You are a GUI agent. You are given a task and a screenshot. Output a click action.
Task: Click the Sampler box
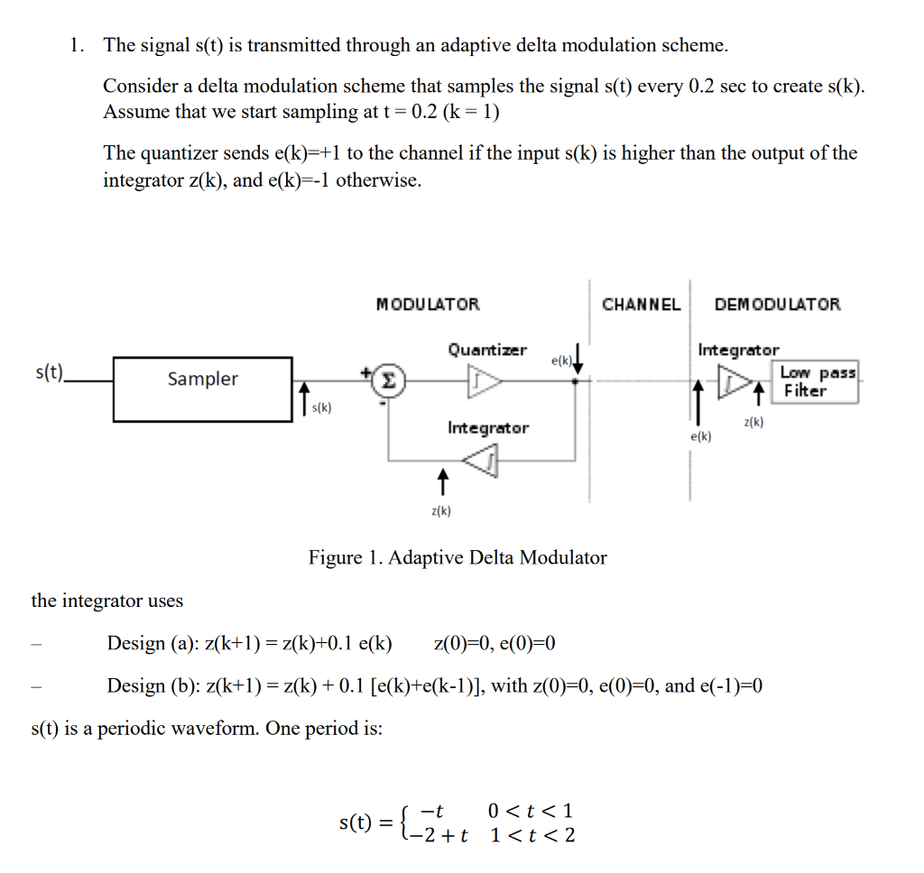pyautogui.click(x=202, y=389)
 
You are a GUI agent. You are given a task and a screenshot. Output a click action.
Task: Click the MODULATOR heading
pyautogui.click(x=428, y=305)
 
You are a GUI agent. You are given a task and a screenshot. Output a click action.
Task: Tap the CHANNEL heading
pyautogui.click(x=641, y=305)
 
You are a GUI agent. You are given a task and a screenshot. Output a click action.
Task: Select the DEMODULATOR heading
pyautogui.click(x=777, y=305)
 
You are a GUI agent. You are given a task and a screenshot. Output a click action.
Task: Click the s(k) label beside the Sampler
pyautogui.click(x=321, y=408)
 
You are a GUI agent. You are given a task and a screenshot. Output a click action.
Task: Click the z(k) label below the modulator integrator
pyautogui.click(x=441, y=511)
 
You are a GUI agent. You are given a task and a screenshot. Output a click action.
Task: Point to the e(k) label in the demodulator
pyautogui.click(x=699, y=436)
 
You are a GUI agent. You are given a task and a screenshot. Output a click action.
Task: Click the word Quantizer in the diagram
pyautogui.click(x=487, y=350)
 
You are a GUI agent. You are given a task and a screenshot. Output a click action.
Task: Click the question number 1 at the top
pyautogui.click(x=78, y=44)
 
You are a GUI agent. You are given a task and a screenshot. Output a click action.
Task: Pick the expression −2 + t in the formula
pyautogui.click(x=439, y=834)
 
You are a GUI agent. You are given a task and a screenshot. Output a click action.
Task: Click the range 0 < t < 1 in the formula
pyautogui.click(x=530, y=810)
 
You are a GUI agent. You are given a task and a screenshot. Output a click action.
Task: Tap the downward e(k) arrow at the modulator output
pyautogui.click(x=577, y=358)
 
